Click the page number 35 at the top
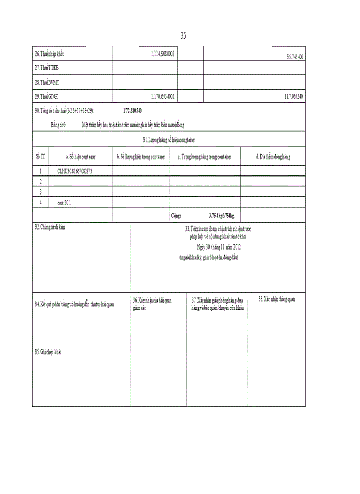(183, 36)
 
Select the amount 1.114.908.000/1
(164, 54)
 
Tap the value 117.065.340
(293, 96)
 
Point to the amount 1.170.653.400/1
(164, 96)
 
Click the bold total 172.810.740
(133, 111)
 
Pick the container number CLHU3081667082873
(75, 171)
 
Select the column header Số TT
(40, 156)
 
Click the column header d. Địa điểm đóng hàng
(273, 156)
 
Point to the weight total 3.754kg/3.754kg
(221, 215)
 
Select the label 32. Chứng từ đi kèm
(50, 226)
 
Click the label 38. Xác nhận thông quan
(277, 298)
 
